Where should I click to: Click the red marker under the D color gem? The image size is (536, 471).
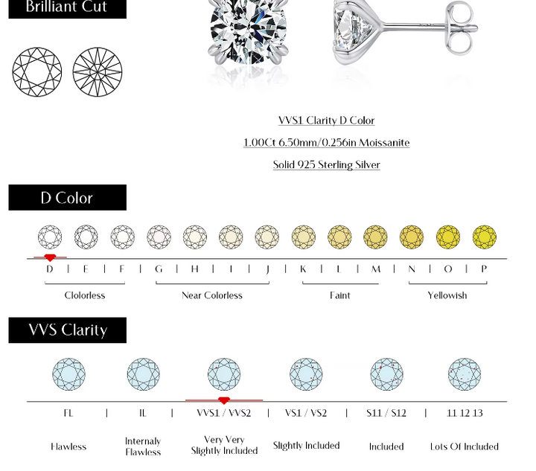[x=50, y=257]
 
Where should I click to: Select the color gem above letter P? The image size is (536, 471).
[x=484, y=237]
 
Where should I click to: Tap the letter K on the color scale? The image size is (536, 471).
[x=303, y=269]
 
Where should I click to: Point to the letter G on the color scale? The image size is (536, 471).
[x=159, y=269]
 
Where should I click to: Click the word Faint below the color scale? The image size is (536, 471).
[x=340, y=295]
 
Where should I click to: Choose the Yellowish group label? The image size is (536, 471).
[x=447, y=295]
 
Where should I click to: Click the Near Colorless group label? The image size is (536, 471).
[x=212, y=295]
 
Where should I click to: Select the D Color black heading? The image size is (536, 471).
[x=67, y=197]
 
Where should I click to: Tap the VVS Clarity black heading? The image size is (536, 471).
[x=67, y=330]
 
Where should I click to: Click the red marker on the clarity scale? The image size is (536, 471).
[x=224, y=400]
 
